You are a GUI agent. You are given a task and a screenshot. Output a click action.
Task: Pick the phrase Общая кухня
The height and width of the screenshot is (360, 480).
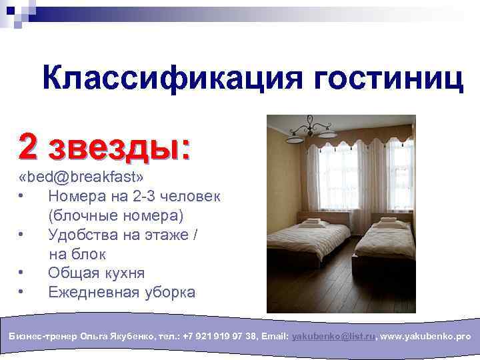(97, 273)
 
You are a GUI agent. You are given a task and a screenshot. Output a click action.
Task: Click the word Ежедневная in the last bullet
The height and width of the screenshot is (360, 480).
(93, 293)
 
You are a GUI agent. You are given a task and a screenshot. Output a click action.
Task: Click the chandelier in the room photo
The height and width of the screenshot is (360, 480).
(312, 126)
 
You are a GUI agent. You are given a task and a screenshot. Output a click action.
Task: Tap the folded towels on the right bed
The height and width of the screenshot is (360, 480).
(389, 221)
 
